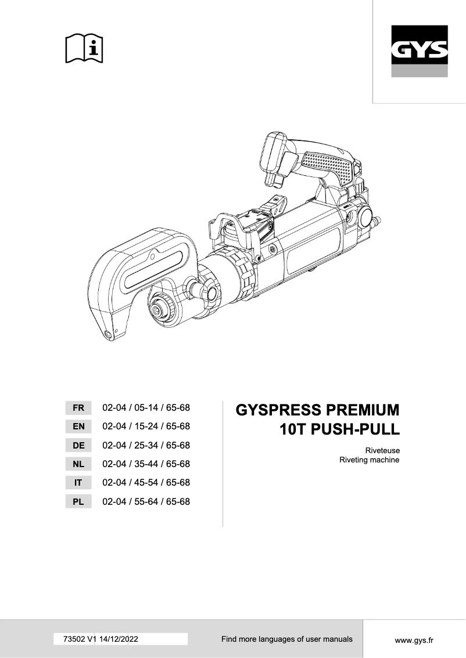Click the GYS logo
419,52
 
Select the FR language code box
78,408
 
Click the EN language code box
78,426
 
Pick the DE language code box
78,446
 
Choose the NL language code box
78,464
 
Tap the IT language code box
78,483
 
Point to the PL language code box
78,502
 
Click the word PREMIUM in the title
363,410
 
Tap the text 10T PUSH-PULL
339,430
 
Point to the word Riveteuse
382,450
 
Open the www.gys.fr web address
414,640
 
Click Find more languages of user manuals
286,639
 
